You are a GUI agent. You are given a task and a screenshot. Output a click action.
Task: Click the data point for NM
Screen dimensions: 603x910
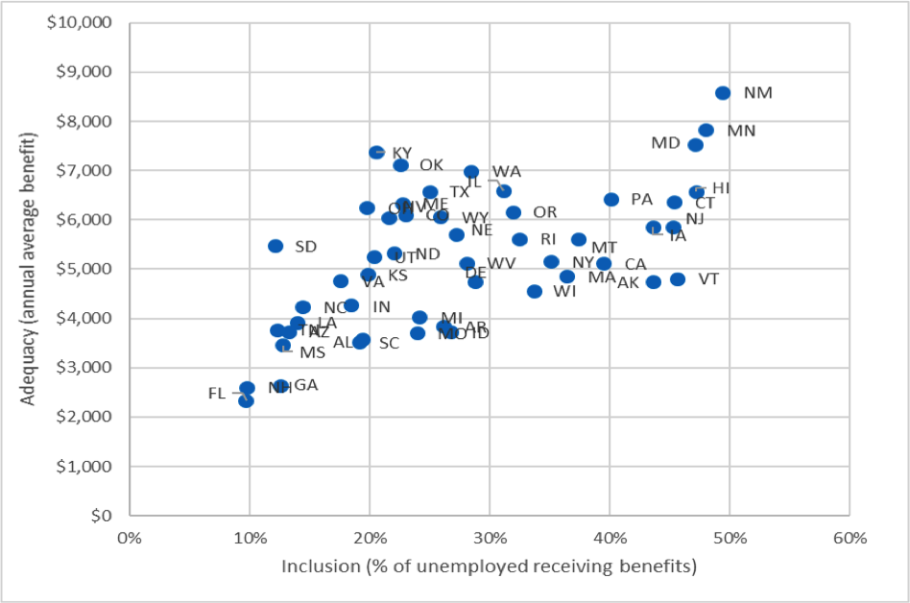[723, 93]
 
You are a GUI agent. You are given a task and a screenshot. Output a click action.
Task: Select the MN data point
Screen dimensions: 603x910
[706, 131]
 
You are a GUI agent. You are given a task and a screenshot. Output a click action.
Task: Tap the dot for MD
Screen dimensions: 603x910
[695, 145]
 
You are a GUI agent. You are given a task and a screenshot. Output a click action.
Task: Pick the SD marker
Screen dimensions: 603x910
[275, 246]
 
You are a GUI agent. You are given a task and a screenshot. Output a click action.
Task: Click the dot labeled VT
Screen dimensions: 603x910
[678, 279]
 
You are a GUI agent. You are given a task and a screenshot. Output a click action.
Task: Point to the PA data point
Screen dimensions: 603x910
[611, 200]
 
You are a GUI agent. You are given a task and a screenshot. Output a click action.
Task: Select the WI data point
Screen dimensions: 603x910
[535, 291]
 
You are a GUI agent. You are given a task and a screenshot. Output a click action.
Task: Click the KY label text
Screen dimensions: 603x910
[401, 154]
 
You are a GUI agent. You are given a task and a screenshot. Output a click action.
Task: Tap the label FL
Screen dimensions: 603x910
[216, 394]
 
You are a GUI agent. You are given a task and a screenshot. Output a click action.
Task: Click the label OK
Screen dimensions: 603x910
[431, 165]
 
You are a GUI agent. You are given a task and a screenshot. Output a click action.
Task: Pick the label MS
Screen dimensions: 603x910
[313, 352]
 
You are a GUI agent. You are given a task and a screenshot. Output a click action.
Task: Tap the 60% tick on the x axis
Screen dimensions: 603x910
[850, 538]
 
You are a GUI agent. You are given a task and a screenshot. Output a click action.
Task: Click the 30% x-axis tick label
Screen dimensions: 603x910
[490, 538]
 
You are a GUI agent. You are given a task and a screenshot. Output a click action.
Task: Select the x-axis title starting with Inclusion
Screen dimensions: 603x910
[489, 567]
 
